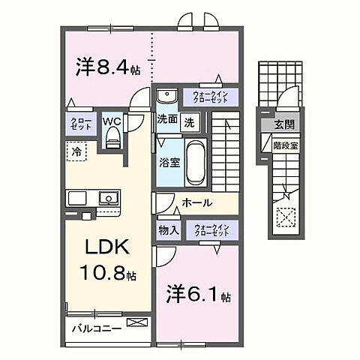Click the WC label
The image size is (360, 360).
[112, 120]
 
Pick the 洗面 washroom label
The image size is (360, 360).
[166, 120]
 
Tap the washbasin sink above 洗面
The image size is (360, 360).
[166, 95]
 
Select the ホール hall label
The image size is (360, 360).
[197, 203]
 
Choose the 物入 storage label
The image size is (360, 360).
[168, 230]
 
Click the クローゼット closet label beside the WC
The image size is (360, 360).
[81, 124]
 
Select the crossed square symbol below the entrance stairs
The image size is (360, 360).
[286, 219]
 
